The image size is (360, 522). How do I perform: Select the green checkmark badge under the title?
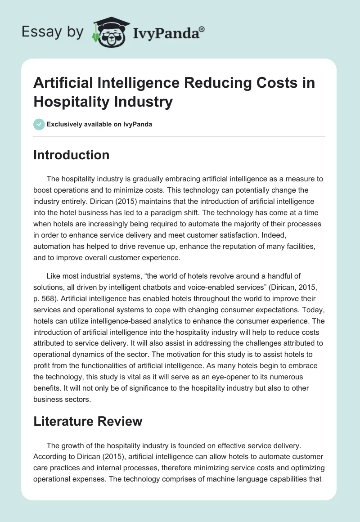[39, 124]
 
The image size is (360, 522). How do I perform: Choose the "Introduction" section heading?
[71, 155]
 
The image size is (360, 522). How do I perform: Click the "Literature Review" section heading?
[88, 421]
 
